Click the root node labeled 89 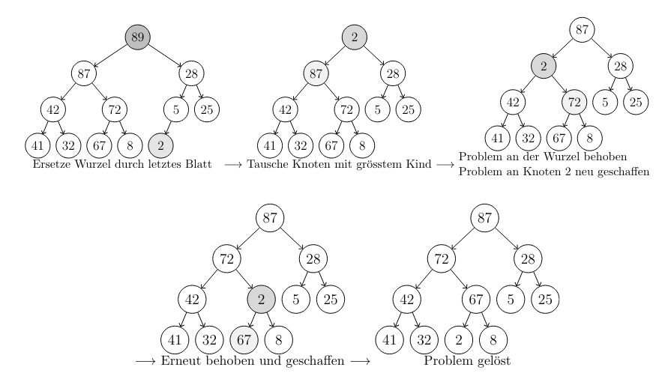point(137,37)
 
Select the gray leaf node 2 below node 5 point(160,145)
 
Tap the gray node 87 point(316,73)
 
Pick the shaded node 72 point(574,101)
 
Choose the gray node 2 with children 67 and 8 point(261,299)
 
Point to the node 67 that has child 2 point(475,299)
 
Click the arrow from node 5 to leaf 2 point(168,127)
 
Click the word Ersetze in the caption point(52,165)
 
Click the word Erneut point(180,361)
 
